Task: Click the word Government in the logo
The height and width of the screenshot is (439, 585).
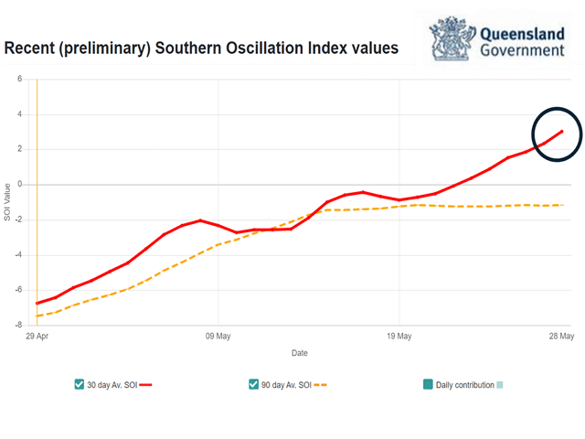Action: tap(522, 49)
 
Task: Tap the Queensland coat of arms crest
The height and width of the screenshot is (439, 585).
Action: tap(452, 38)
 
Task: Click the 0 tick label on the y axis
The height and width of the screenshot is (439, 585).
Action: tap(19, 185)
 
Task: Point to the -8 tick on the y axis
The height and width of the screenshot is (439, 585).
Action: tap(17, 325)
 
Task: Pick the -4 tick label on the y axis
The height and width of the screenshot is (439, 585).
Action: tap(17, 255)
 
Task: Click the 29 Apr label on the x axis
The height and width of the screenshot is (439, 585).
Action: tap(37, 336)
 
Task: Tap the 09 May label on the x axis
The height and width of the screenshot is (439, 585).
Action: tap(218, 336)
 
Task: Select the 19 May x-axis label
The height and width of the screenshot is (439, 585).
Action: tap(399, 336)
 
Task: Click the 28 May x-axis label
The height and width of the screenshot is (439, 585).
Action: tap(560, 336)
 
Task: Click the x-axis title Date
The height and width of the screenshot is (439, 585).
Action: tap(299, 352)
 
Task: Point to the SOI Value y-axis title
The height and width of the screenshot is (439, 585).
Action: tap(7, 202)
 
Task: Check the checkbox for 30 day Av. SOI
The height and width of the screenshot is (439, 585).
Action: tap(80, 385)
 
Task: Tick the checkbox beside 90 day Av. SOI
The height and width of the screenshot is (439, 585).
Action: tap(253, 385)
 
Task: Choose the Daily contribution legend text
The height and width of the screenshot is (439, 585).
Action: tap(466, 385)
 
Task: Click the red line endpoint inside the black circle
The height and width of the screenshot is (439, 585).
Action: tap(562, 131)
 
